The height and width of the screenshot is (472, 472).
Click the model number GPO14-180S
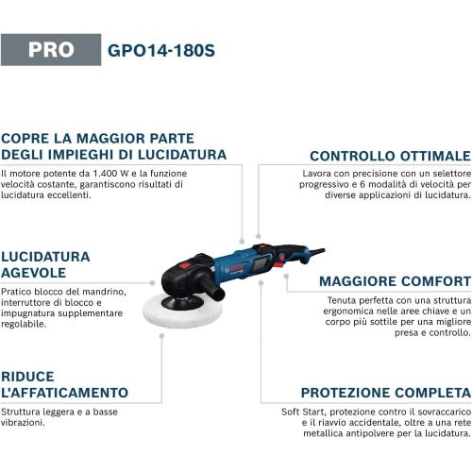coord(161,49)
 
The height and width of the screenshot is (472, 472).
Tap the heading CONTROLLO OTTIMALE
coord(390,156)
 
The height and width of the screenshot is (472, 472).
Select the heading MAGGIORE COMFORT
coord(395,281)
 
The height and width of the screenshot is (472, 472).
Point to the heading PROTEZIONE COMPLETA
coord(385,392)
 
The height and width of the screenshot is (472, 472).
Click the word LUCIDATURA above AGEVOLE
coord(45,256)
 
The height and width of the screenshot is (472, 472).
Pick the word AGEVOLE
coord(37,273)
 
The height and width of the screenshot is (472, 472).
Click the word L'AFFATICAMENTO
coord(64,392)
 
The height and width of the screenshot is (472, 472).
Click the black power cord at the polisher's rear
coord(312,251)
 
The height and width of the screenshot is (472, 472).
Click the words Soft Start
coord(304,412)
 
